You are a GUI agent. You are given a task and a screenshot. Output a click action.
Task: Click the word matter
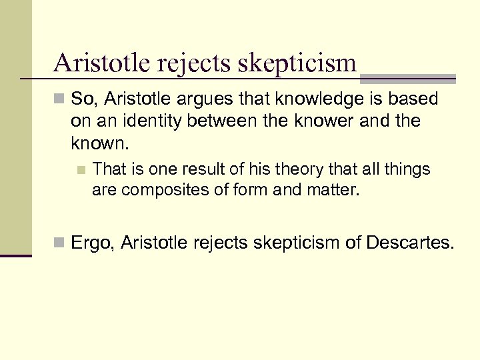335,191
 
